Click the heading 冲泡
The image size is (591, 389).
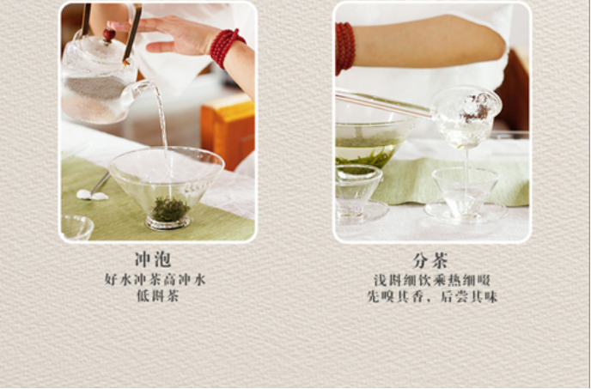(153, 259)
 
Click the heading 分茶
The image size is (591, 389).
(430, 260)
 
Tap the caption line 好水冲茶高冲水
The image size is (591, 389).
(155, 280)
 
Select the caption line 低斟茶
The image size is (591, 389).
(157, 296)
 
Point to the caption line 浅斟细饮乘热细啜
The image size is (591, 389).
(432, 281)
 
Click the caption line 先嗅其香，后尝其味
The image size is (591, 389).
(432, 296)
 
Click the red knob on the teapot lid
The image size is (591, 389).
(109, 34)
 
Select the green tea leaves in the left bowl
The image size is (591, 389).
(170, 210)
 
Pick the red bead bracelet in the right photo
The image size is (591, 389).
(344, 48)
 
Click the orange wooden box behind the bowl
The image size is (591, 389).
(228, 130)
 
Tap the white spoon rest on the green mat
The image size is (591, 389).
(92, 195)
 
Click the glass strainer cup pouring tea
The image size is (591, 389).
(466, 117)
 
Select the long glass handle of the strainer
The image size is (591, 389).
(383, 104)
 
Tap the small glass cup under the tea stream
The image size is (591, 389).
(465, 193)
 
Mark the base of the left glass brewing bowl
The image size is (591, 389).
(168, 223)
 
